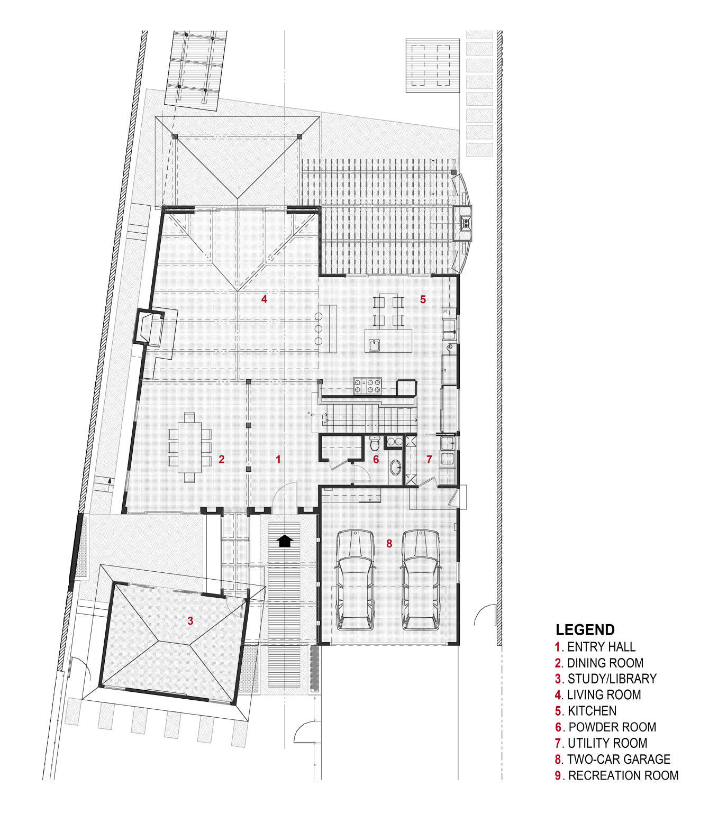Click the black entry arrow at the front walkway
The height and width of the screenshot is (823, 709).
pyautogui.click(x=285, y=541)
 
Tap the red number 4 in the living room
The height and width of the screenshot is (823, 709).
pyautogui.click(x=264, y=299)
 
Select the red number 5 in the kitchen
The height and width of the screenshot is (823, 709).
pyautogui.click(x=423, y=299)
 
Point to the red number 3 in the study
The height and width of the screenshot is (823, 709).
pyautogui.click(x=190, y=620)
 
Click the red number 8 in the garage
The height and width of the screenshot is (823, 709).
pyautogui.click(x=389, y=543)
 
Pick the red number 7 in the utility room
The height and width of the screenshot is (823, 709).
pyautogui.click(x=429, y=460)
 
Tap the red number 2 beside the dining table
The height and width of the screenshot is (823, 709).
pyautogui.click(x=222, y=459)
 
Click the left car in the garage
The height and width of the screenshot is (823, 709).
pyautogui.click(x=356, y=579)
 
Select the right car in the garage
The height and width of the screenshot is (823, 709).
pyautogui.click(x=421, y=579)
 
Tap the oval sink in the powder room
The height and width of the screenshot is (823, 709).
pyautogui.click(x=395, y=467)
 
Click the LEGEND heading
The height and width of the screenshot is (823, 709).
pyautogui.click(x=585, y=630)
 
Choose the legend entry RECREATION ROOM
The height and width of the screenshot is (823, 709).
pyautogui.click(x=623, y=775)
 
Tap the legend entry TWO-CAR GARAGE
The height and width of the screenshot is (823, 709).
pyautogui.click(x=618, y=760)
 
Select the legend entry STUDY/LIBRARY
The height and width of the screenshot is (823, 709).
pyautogui.click(x=612, y=679)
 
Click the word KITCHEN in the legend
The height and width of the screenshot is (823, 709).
pyautogui.click(x=592, y=711)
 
